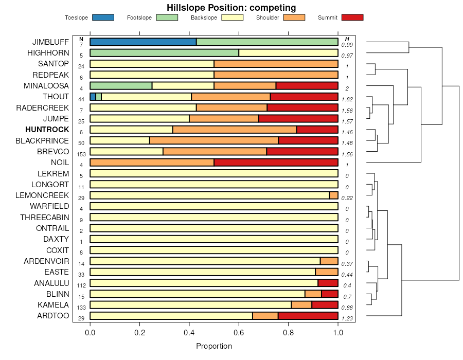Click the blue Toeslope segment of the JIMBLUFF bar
pyautogui.click(x=143, y=42)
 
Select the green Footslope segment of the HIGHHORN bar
pyautogui.click(x=164, y=52)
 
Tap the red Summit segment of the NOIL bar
pyautogui.click(x=276, y=163)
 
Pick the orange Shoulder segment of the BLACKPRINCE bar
pyautogui.click(x=213, y=140)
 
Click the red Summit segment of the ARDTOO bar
pyautogui.click(x=308, y=316)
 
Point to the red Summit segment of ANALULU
pyautogui.click(x=328, y=283)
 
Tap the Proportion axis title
pyautogui.click(x=214, y=346)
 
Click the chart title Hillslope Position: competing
pyautogui.click(x=231, y=7)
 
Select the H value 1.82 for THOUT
pyautogui.click(x=347, y=99)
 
